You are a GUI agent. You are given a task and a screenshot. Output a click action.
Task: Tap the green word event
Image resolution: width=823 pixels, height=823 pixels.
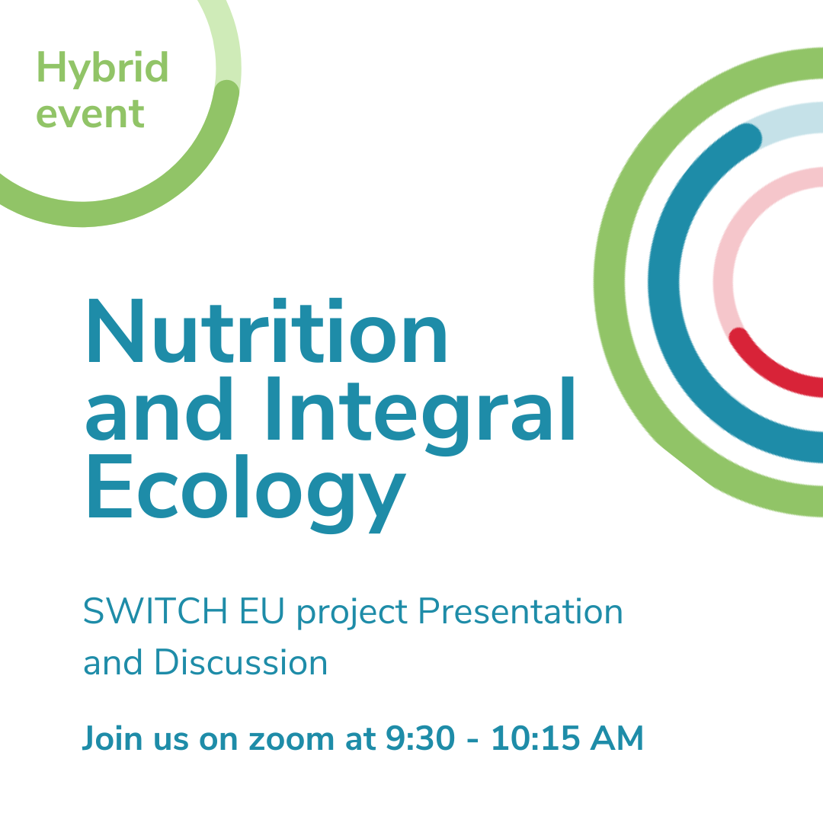tap(90, 114)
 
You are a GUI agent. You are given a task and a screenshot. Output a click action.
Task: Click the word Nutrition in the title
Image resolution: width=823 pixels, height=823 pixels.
tap(267, 331)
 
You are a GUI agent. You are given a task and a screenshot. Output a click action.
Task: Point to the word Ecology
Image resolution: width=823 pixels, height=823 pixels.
tap(247, 493)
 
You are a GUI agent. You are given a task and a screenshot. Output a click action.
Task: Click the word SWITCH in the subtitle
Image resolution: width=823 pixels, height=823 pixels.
tap(155, 611)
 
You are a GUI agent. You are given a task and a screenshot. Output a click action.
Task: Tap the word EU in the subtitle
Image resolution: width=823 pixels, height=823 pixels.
tap(262, 611)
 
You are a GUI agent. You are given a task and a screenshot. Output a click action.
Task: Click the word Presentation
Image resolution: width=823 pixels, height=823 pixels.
tap(520, 611)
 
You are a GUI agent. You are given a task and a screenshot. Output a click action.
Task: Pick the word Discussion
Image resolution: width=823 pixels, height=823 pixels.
tap(241, 662)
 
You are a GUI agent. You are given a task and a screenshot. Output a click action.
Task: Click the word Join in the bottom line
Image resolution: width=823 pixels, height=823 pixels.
tap(112, 739)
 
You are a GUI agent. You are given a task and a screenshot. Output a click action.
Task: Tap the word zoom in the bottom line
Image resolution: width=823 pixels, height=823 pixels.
tap(291, 740)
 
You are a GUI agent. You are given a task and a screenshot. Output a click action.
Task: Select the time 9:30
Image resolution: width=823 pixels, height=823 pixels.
tap(421, 738)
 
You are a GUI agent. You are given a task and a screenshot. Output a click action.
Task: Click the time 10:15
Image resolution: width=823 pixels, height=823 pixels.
tap(536, 738)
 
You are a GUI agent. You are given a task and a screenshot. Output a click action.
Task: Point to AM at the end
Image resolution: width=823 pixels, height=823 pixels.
tap(616, 738)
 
